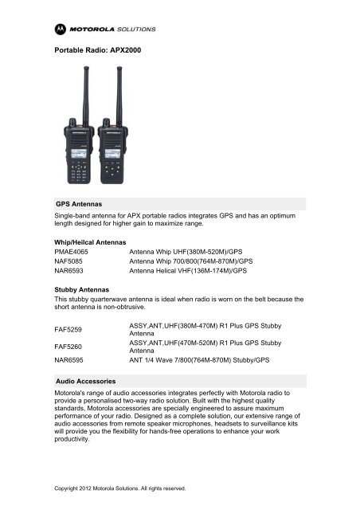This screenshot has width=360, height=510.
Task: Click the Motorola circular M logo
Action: coord(61,27)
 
